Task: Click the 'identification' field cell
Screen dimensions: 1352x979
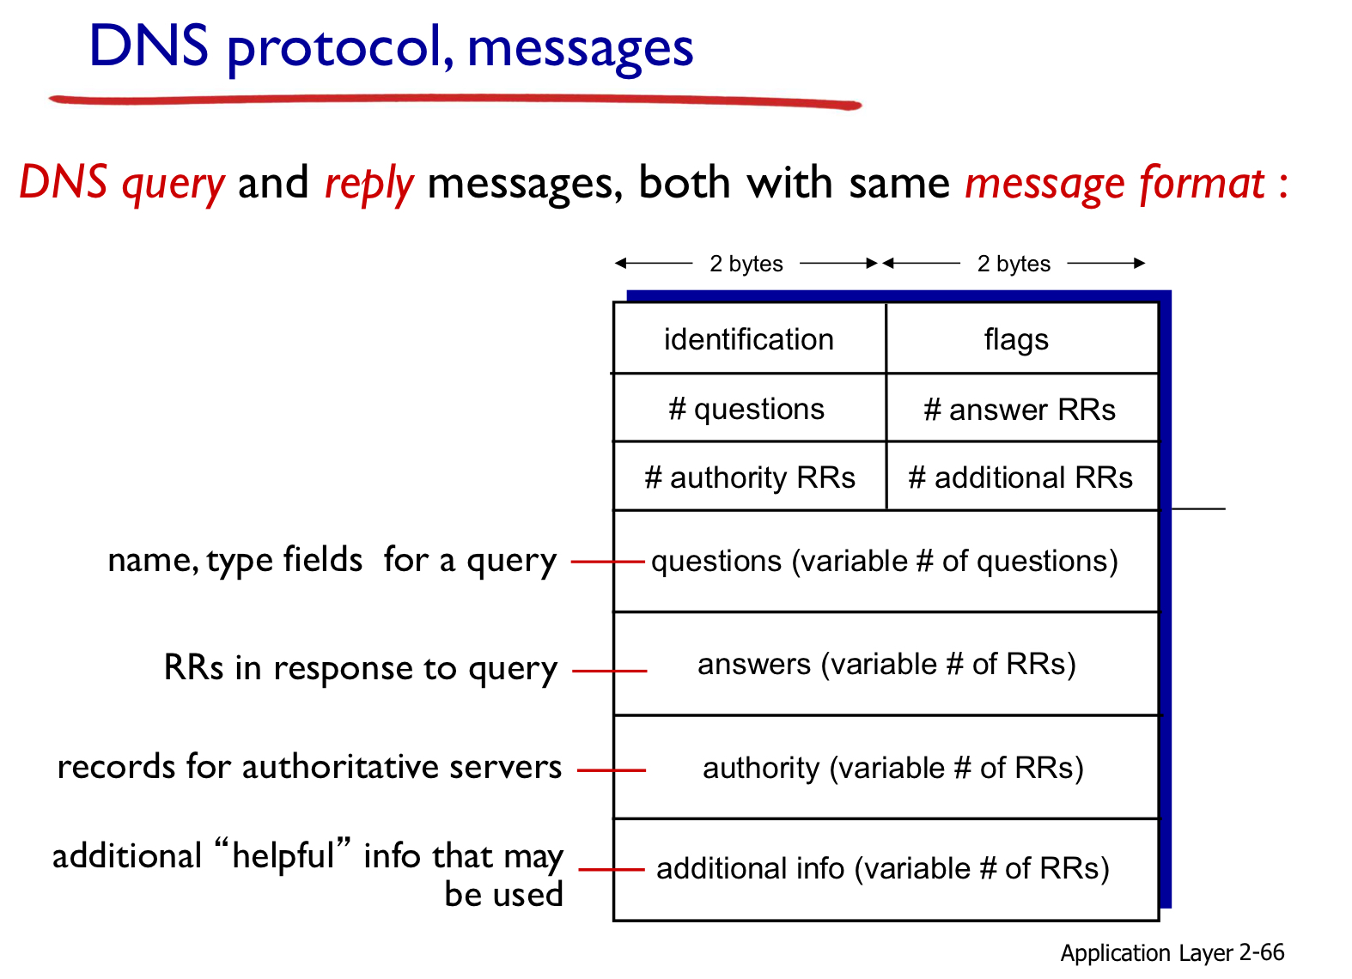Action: pos(750,338)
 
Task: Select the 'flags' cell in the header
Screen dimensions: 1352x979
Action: pos(1022,338)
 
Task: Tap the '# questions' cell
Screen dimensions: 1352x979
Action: pos(750,408)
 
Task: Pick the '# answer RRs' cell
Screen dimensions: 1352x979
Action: pos(1022,408)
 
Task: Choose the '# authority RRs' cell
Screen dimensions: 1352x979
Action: pos(750,477)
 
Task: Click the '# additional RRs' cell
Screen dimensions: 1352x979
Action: pos(1022,477)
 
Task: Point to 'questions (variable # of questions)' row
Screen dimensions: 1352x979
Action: pos(886,562)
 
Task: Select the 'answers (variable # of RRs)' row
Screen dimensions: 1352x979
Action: pos(886,664)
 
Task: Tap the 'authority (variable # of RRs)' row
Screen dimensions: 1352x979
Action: pos(886,767)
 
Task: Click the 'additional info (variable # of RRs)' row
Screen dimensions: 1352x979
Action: pos(886,870)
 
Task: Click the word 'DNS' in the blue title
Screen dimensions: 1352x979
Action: pos(149,46)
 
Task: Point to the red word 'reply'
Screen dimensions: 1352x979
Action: pos(369,184)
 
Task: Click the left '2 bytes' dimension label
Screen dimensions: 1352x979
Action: pos(746,264)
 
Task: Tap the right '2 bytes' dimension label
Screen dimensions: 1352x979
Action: pos(1014,264)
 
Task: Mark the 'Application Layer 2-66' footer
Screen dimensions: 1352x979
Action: pos(1172,953)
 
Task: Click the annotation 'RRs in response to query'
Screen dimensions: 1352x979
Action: pos(360,669)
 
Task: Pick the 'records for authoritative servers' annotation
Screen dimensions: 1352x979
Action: pos(309,767)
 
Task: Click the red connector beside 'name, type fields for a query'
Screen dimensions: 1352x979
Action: pos(608,562)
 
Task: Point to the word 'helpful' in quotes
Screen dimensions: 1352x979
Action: pos(283,856)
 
